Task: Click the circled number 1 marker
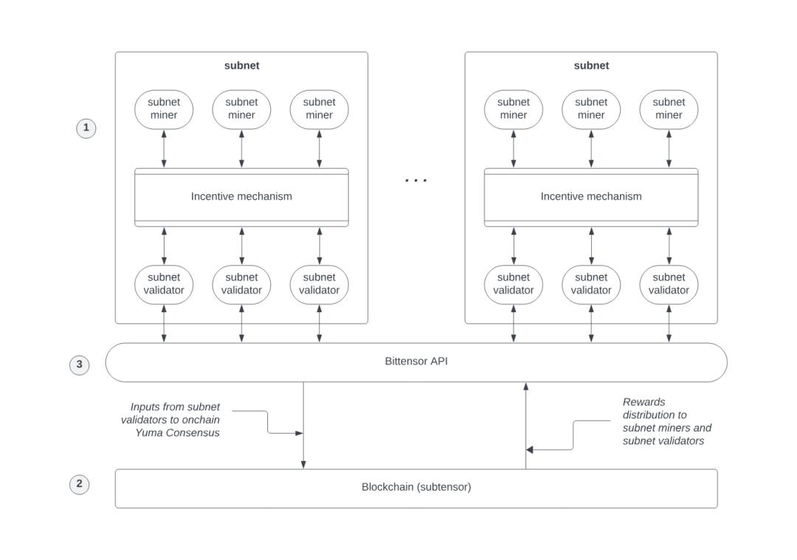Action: point(86,128)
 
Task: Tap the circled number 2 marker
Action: point(80,485)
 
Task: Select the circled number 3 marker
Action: point(80,364)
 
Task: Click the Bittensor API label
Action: point(416,362)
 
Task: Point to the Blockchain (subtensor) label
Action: point(416,487)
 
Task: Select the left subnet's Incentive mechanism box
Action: point(241,197)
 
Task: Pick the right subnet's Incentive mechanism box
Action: point(591,197)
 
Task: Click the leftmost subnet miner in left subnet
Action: point(164,109)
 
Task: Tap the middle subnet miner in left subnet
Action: point(241,109)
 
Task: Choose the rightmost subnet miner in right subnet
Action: point(669,109)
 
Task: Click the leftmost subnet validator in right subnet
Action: point(514,284)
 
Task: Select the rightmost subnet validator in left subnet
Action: point(319,284)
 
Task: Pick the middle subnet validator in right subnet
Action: point(591,284)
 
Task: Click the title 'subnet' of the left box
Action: point(241,66)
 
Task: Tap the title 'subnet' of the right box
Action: point(591,66)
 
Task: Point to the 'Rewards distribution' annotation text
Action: point(666,421)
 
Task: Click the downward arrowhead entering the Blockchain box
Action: point(303,464)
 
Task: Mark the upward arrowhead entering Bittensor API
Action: point(526,387)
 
